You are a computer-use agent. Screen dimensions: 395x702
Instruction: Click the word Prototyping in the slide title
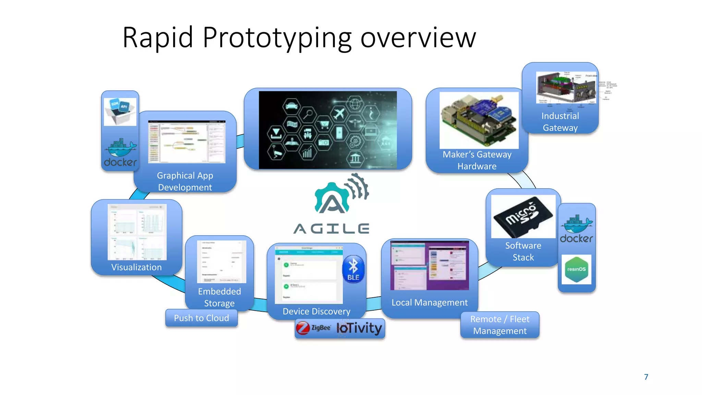tap(277, 38)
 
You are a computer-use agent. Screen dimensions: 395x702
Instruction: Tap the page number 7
tap(646, 377)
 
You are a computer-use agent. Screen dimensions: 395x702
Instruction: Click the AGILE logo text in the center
tap(331, 228)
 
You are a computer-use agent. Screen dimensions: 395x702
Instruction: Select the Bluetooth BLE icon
tap(353, 269)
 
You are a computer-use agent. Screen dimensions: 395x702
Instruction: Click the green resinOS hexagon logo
tap(576, 270)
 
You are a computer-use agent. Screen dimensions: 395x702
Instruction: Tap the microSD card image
tap(523, 217)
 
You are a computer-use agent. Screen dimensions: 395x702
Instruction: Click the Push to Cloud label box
tap(201, 318)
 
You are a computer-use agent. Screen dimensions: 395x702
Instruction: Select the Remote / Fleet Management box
tap(500, 325)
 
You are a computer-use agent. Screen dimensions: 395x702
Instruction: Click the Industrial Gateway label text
tap(560, 122)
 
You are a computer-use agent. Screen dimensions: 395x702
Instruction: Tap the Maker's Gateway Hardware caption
tap(477, 160)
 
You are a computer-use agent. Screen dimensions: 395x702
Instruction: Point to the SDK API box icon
tap(120, 111)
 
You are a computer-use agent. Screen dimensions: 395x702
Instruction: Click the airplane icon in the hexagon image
tap(339, 113)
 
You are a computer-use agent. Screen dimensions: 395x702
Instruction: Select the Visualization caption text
tap(136, 267)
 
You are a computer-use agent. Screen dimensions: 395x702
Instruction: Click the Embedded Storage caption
tap(219, 297)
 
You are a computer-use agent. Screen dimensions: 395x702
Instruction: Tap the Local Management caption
tap(429, 302)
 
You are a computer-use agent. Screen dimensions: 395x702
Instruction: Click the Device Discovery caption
tap(316, 311)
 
